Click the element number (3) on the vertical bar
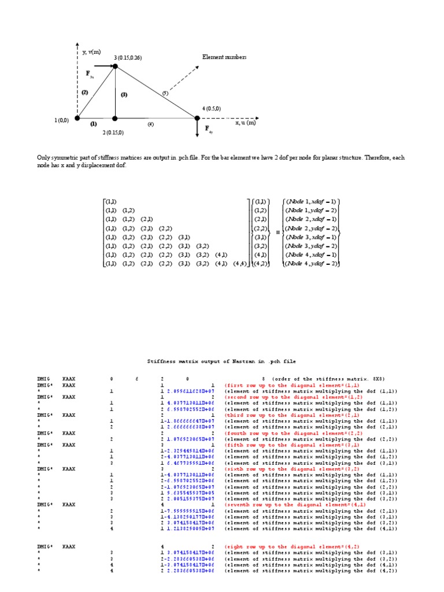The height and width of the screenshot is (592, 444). (x=124, y=94)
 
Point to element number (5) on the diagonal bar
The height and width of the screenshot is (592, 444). (x=165, y=92)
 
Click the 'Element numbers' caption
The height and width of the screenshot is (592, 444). (x=224, y=57)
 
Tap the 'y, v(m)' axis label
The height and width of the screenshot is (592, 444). (x=92, y=52)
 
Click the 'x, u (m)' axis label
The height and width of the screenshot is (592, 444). (x=246, y=123)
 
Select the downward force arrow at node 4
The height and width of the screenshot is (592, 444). (x=198, y=128)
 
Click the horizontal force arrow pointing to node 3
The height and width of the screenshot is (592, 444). (x=104, y=66)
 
